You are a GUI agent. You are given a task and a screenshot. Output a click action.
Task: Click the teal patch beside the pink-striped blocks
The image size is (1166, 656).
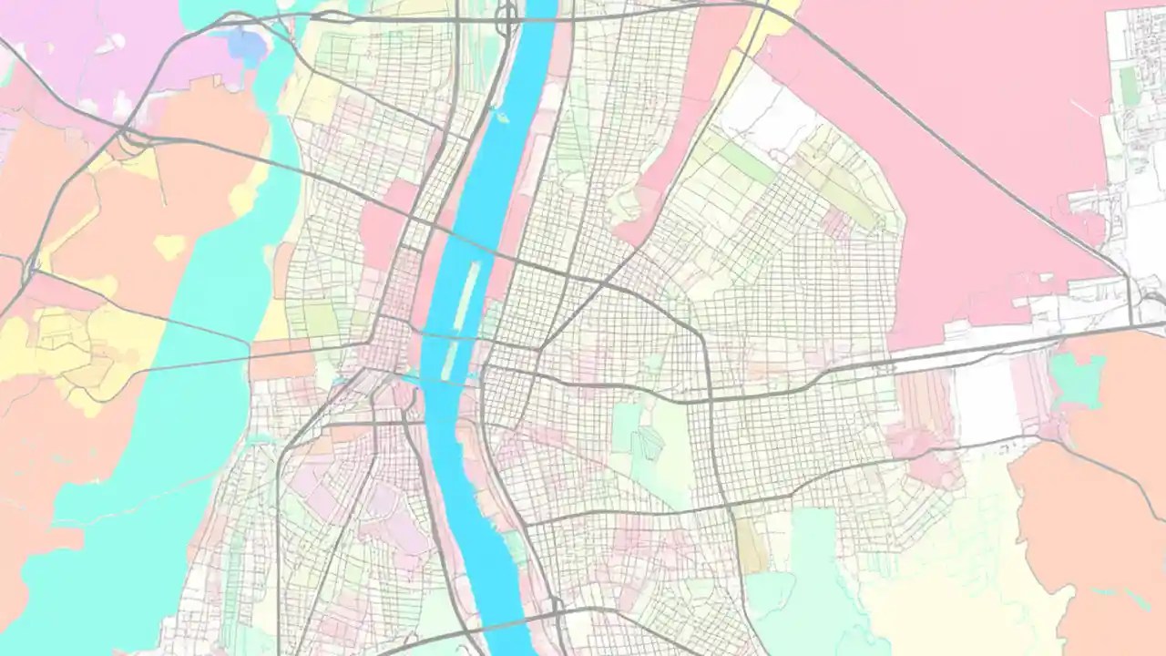coord(1077,379)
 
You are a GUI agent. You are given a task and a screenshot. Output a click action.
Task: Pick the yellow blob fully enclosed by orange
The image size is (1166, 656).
coord(169,246)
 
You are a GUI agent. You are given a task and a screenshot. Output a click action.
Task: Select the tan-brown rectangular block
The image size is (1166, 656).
coord(752,546)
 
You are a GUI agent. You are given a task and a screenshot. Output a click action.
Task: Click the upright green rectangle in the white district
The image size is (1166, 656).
coord(1130,86)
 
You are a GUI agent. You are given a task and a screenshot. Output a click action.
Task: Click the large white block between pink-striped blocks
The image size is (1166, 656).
coord(986,397)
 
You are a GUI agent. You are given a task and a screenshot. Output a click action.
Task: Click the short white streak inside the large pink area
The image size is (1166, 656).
coord(1084,110)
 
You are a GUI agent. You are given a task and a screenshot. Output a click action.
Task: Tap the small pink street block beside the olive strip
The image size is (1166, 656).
coord(835,222)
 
